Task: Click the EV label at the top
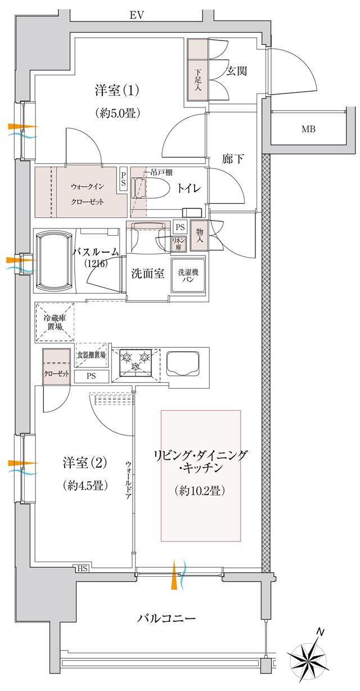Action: click(137, 15)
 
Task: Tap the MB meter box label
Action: click(308, 129)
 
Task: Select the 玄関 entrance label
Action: click(237, 71)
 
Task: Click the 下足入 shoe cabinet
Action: click(197, 71)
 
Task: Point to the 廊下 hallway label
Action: click(232, 159)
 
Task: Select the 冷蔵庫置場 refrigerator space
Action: click(55, 322)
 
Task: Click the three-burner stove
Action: click(136, 365)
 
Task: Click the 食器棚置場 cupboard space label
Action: click(91, 355)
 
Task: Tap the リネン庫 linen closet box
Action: click(179, 244)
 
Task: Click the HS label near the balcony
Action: click(82, 569)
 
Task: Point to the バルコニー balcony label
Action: click(167, 619)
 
